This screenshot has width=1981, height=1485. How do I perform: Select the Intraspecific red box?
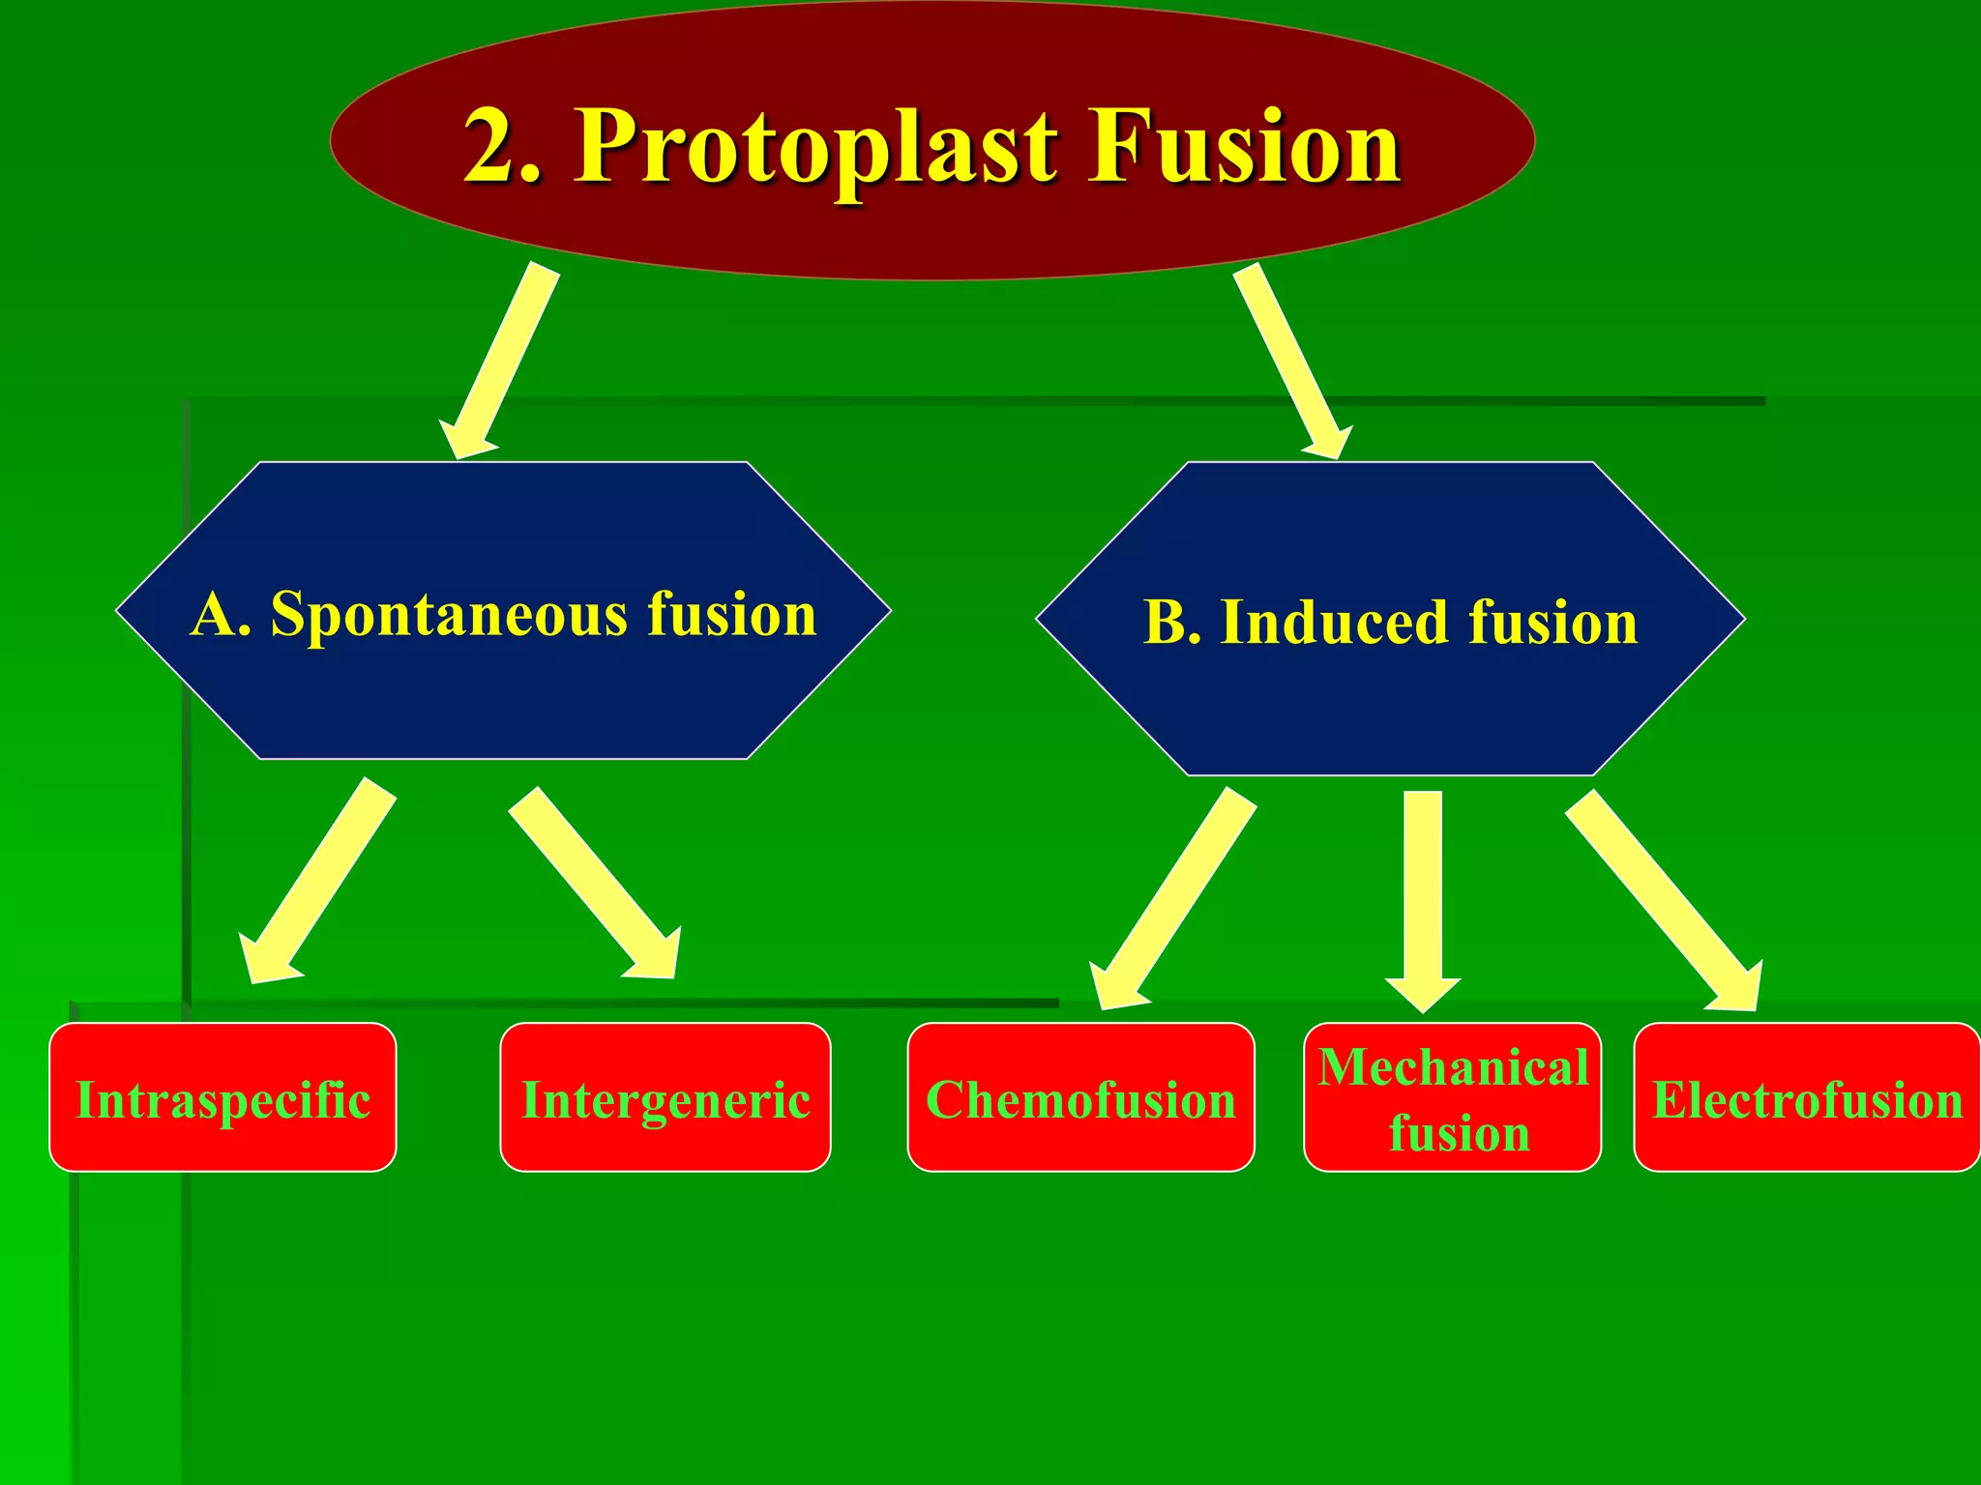pyautogui.click(x=222, y=1098)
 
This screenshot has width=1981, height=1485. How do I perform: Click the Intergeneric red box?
pyautogui.click(x=665, y=1098)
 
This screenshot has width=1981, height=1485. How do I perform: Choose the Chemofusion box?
pyautogui.click(x=1080, y=1098)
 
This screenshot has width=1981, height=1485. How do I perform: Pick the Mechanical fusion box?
pyautogui.click(x=1452, y=1098)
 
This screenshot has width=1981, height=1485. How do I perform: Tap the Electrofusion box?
pyautogui.click(x=1807, y=1098)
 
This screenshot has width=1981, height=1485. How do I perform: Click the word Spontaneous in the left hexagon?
pyautogui.click(x=449, y=615)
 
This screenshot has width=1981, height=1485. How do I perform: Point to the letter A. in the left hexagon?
pyautogui.click(x=221, y=615)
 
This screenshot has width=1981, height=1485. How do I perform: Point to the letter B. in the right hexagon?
pyautogui.click(x=1171, y=622)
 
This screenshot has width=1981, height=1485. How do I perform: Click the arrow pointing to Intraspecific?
pyautogui.click(x=319, y=880)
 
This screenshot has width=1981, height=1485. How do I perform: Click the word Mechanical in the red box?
pyautogui.click(x=1452, y=1067)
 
